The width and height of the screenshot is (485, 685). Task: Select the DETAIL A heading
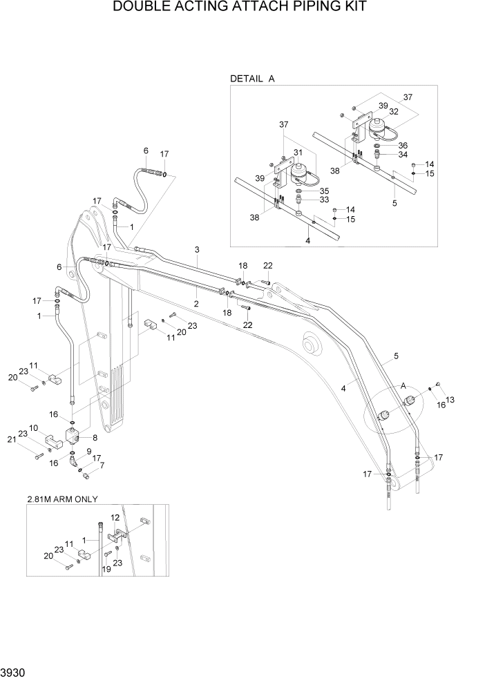click(252, 79)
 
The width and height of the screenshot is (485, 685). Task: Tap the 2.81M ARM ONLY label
click(62, 499)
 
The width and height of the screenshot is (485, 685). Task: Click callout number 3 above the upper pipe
click(197, 249)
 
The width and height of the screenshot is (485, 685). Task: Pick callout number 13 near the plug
click(450, 399)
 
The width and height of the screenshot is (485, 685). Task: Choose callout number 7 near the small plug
click(103, 466)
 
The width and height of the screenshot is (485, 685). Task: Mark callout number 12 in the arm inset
click(115, 517)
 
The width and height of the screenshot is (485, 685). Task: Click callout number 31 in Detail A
click(298, 153)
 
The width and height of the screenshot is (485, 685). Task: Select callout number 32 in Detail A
click(393, 110)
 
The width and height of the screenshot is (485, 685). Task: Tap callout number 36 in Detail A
click(403, 146)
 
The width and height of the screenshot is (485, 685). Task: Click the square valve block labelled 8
click(74, 435)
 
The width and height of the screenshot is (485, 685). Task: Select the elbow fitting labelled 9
click(73, 459)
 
